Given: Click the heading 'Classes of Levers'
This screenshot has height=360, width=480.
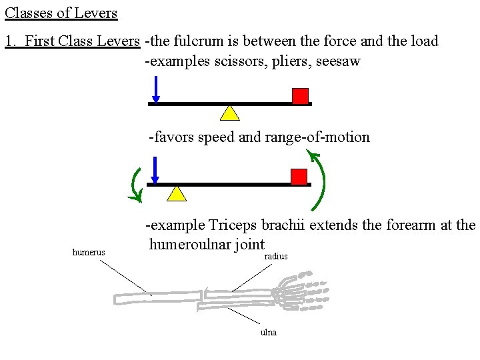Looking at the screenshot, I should click(61, 13).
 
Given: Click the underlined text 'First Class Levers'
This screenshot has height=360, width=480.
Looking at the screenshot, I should click(82, 41).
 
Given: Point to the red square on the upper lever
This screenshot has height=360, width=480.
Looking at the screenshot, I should click(301, 96).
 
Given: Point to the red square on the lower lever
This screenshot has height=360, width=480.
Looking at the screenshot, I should click(299, 177).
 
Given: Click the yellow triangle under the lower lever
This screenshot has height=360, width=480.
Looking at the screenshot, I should click(176, 193).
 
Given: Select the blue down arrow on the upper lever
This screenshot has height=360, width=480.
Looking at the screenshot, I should click(155, 89).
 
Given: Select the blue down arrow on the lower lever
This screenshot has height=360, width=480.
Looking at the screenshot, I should click(155, 170).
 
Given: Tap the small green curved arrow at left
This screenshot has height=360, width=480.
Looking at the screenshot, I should click(136, 185).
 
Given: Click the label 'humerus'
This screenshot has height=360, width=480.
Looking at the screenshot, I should click(88, 253).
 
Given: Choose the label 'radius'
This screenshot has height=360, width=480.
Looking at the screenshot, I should click(276, 257).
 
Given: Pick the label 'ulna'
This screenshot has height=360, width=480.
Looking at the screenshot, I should click(269, 332).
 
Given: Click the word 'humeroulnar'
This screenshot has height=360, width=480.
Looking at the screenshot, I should click(188, 245).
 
